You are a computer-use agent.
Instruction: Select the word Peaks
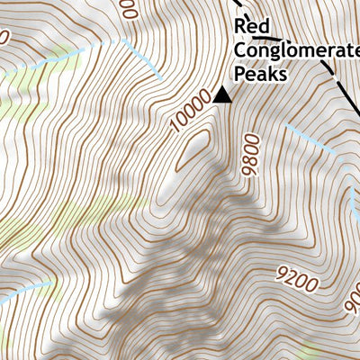point(260,75)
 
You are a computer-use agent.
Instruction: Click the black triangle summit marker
point(221,95)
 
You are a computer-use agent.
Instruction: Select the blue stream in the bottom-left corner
point(22,292)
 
